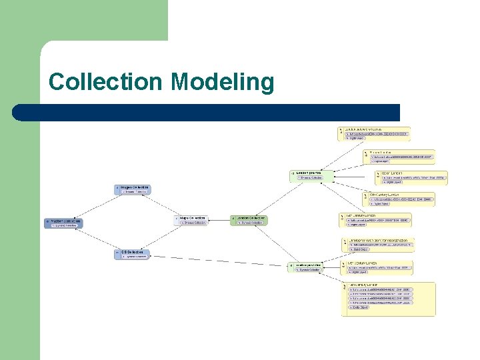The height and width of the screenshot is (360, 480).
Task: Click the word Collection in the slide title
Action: tap(107, 83)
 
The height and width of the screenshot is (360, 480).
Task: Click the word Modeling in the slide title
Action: tap(223, 83)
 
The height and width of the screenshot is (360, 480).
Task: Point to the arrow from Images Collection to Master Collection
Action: tap(93, 206)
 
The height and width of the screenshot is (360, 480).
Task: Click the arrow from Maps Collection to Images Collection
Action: tap(163, 205)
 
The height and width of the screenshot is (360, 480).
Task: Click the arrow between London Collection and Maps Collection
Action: tap(219, 219)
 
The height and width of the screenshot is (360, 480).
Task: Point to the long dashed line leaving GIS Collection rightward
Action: tap(220, 261)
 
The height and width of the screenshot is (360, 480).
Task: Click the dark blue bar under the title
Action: tap(207, 112)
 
